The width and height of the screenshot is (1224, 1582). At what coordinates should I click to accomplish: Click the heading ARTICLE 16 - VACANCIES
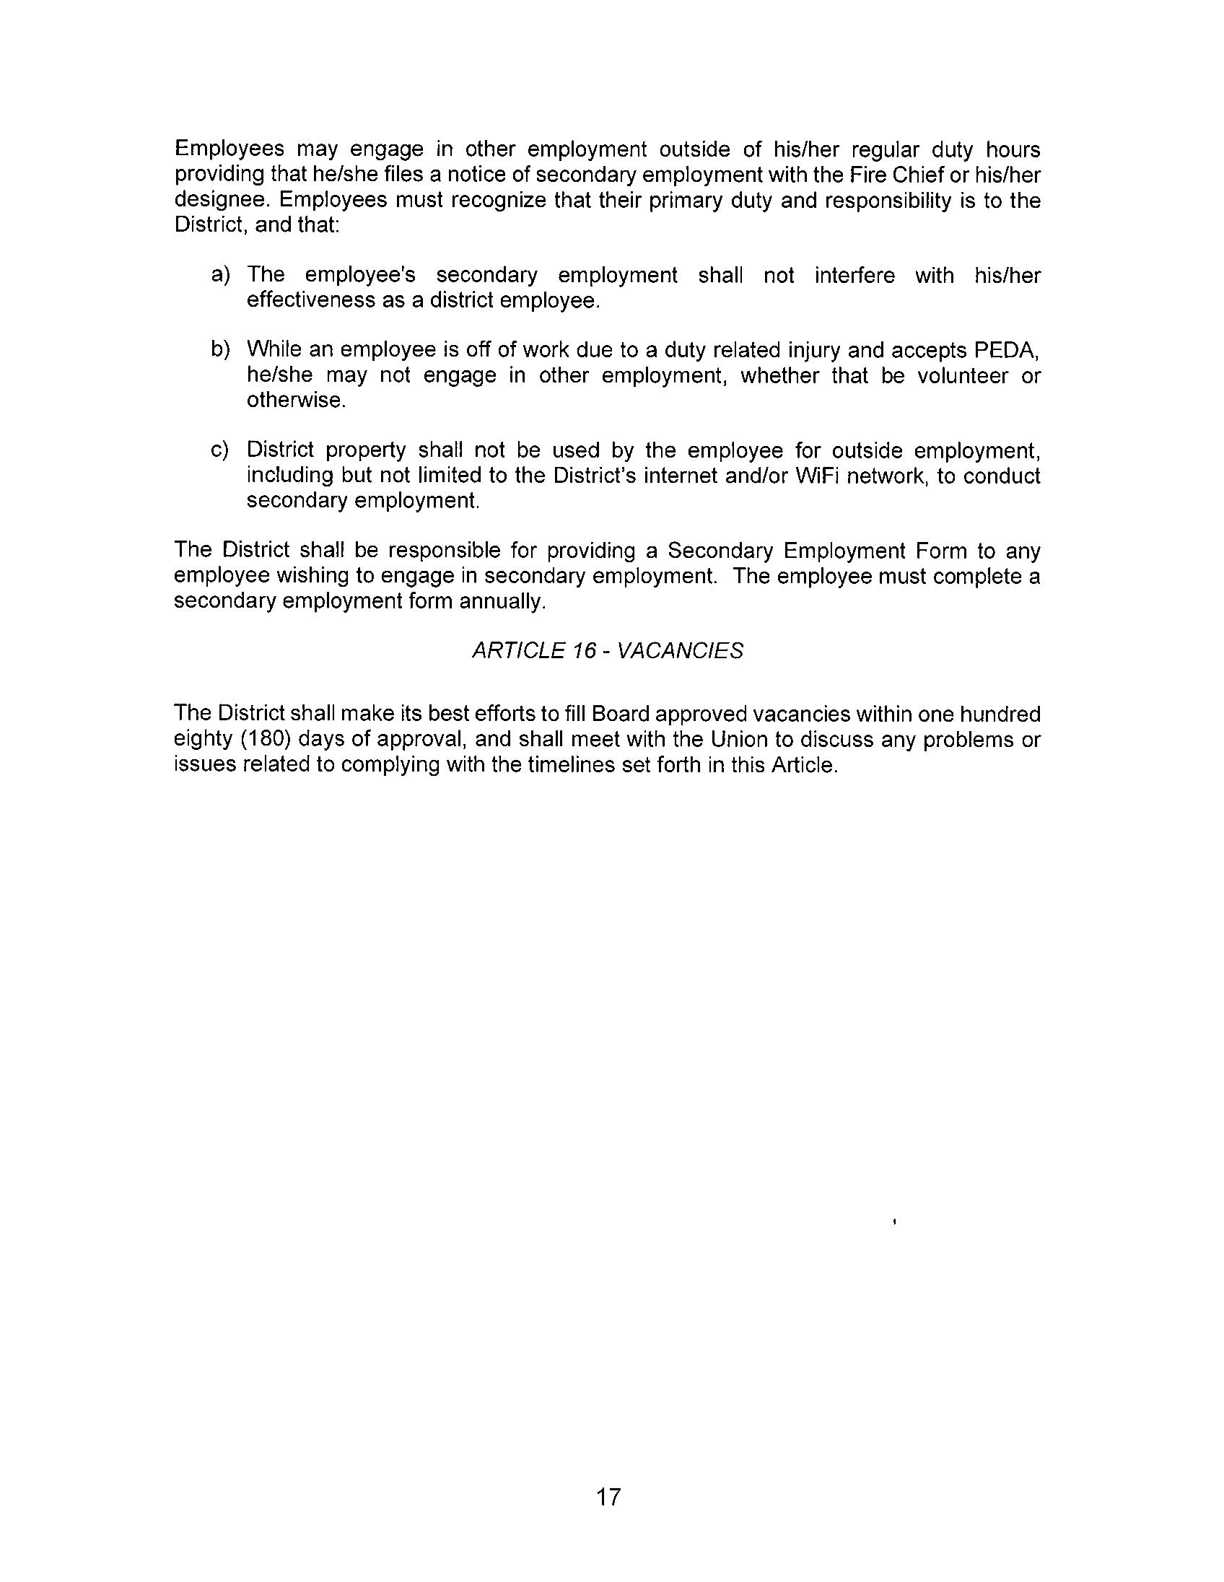coord(607,651)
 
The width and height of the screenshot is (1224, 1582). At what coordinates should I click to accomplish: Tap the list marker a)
coord(220,275)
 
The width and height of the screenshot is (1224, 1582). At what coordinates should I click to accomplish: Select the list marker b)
coord(220,350)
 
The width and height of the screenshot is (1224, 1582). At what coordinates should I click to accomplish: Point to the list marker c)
coord(220,450)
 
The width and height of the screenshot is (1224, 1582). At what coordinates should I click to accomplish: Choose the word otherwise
coord(294,400)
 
